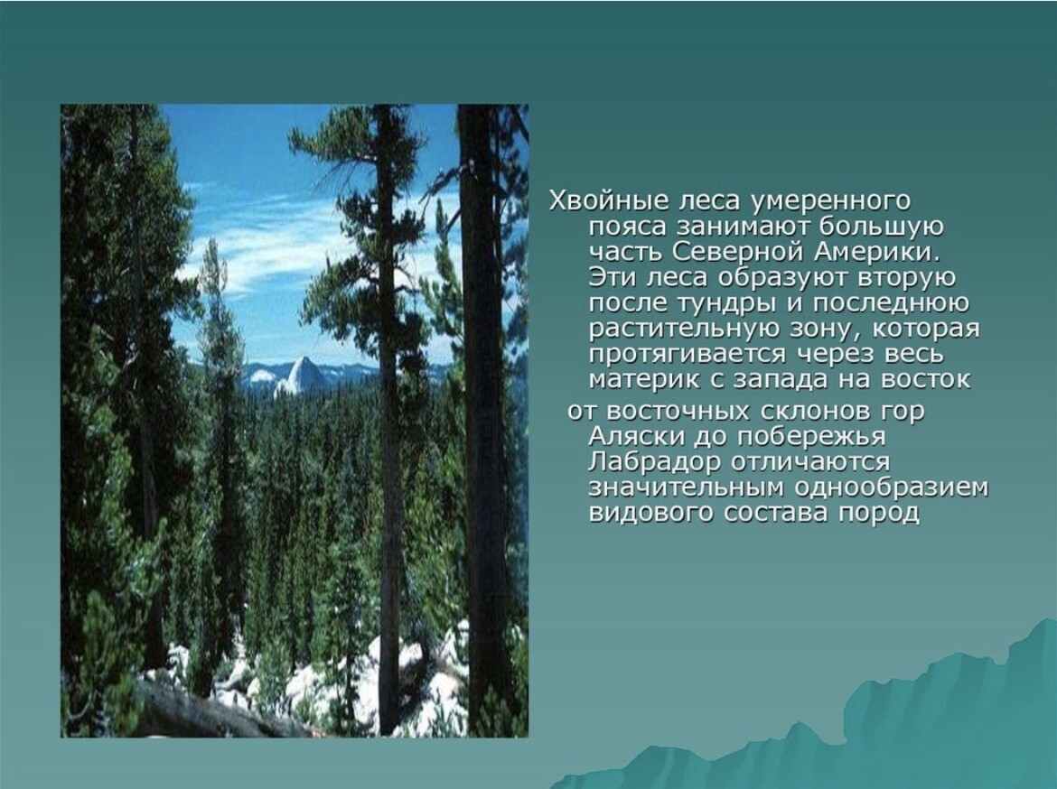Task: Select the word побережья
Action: (810, 437)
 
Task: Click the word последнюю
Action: (892, 303)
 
